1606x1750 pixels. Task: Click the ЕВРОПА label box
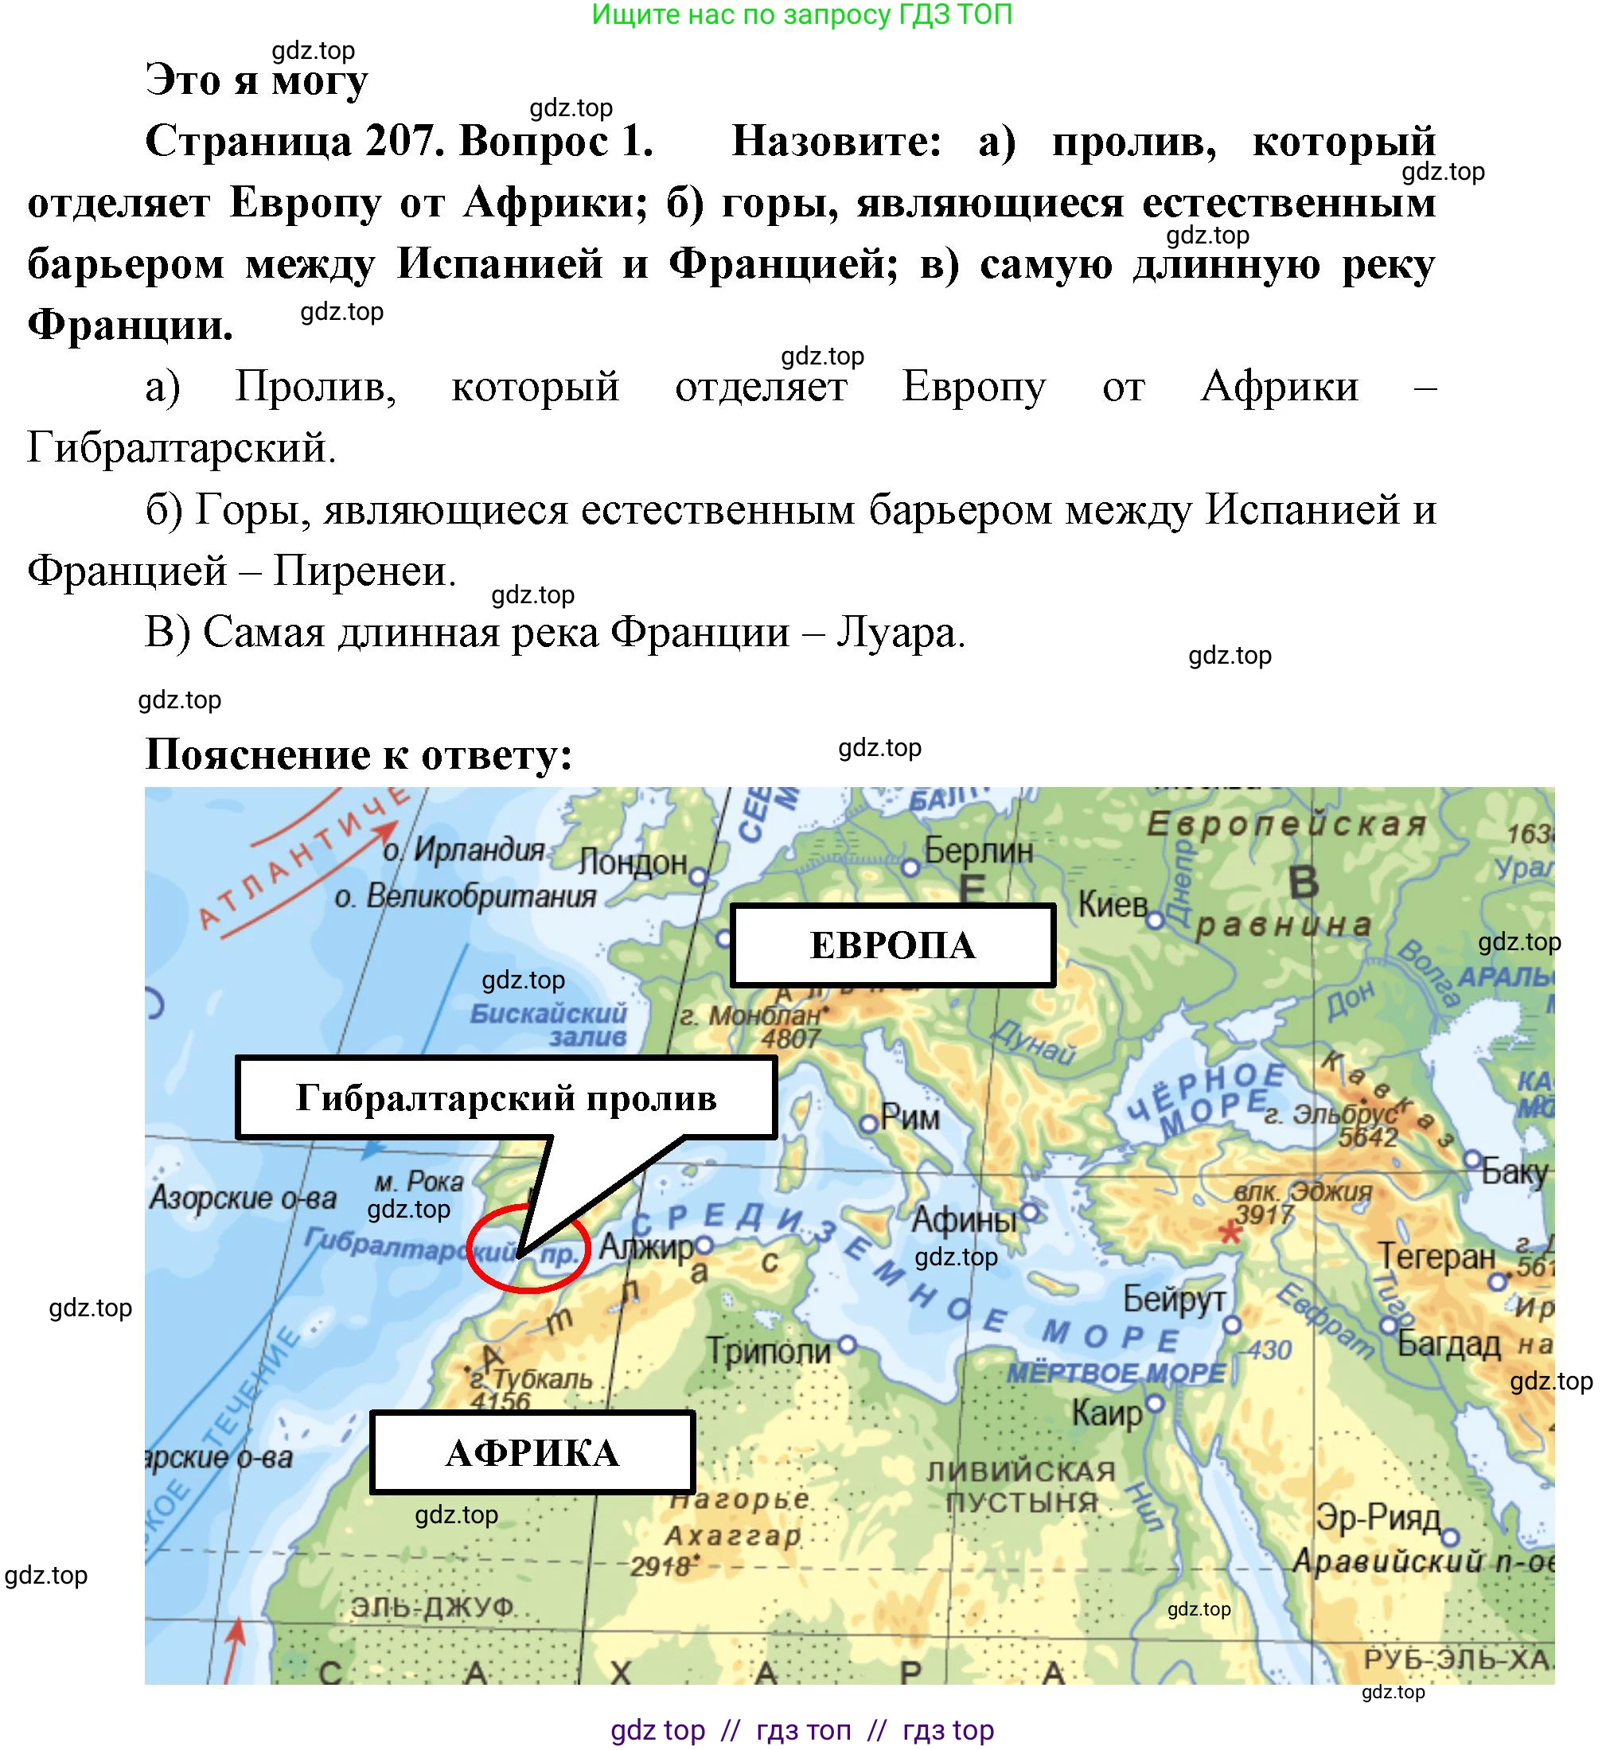click(x=892, y=945)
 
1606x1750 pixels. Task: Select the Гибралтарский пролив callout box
click(x=506, y=1098)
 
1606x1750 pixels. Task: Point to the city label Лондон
click(x=633, y=863)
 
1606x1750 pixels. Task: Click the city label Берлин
click(x=977, y=851)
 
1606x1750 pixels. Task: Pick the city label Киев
click(x=1113, y=906)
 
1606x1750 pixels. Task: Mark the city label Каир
click(x=1107, y=1413)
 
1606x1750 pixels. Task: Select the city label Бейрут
click(x=1173, y=1300)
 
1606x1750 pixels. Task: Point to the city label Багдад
click(x=1448, y=1344)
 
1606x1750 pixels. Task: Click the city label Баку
click(x=1514, y=1172)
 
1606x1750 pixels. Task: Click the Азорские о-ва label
click(x=244, y=1198)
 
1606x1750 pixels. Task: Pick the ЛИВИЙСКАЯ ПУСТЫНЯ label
click(x=1021, y=1487)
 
